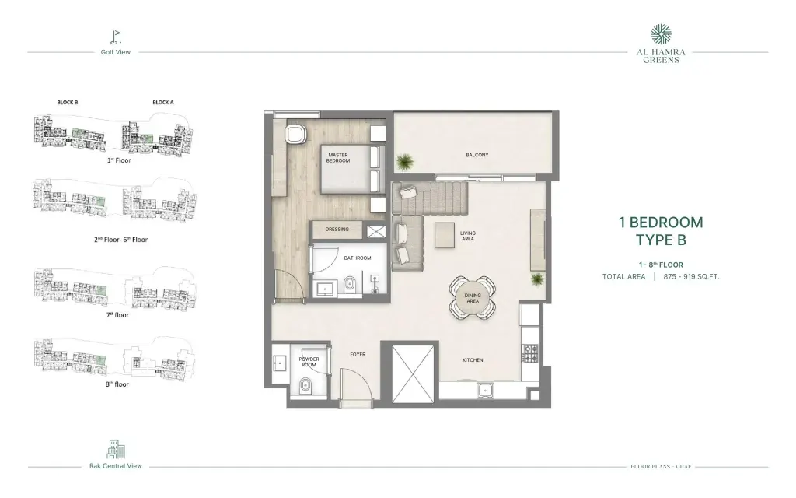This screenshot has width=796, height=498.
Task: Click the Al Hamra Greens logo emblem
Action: pyautogui.click(x=661, y=34)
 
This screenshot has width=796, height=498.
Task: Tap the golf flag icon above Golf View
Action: pyautogui.click(x=116, y=37)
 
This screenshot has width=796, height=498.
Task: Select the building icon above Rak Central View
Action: pyautogui.click(x=116, y=449)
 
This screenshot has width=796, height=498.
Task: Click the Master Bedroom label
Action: pyautogui.click(x=338, y=158)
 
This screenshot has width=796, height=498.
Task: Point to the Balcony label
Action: pyautogui.click(x=477, y=155)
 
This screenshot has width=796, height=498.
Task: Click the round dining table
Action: pyautogui.click(x=473, y=298)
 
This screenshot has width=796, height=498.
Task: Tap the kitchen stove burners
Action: pyautogui.click(x=530, y=353)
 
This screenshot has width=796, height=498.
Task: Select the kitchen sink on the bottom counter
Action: pyautogui.click(x=486, y=391)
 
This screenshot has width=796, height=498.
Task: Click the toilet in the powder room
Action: pyautogui.click(x=305, y=385)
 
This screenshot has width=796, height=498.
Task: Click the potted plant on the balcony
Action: pyautogui.click(x=405, y=162)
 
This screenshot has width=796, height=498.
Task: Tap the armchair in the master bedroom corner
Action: pyautogui.click(x=295, y=134)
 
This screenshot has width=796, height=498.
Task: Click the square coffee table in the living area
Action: pyautogui.click(x=445, y=235)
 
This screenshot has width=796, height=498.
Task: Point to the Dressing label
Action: pyautogui.click(x=337, y=230)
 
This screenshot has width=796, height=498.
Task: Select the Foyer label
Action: pyautogui.click(x=358, y=354)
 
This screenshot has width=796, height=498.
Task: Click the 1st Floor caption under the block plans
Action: pyautogui.click(x=119, y=160)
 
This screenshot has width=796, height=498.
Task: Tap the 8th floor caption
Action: pyautogui.click(x=117, y=384)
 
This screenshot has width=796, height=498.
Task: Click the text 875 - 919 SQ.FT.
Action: pyautogui.click(x=691, y=277)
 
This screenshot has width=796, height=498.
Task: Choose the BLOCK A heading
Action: pyautogui.click(x=163, y=102)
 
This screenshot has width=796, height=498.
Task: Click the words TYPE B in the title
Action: pyautogui.click(x=661, y=240)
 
